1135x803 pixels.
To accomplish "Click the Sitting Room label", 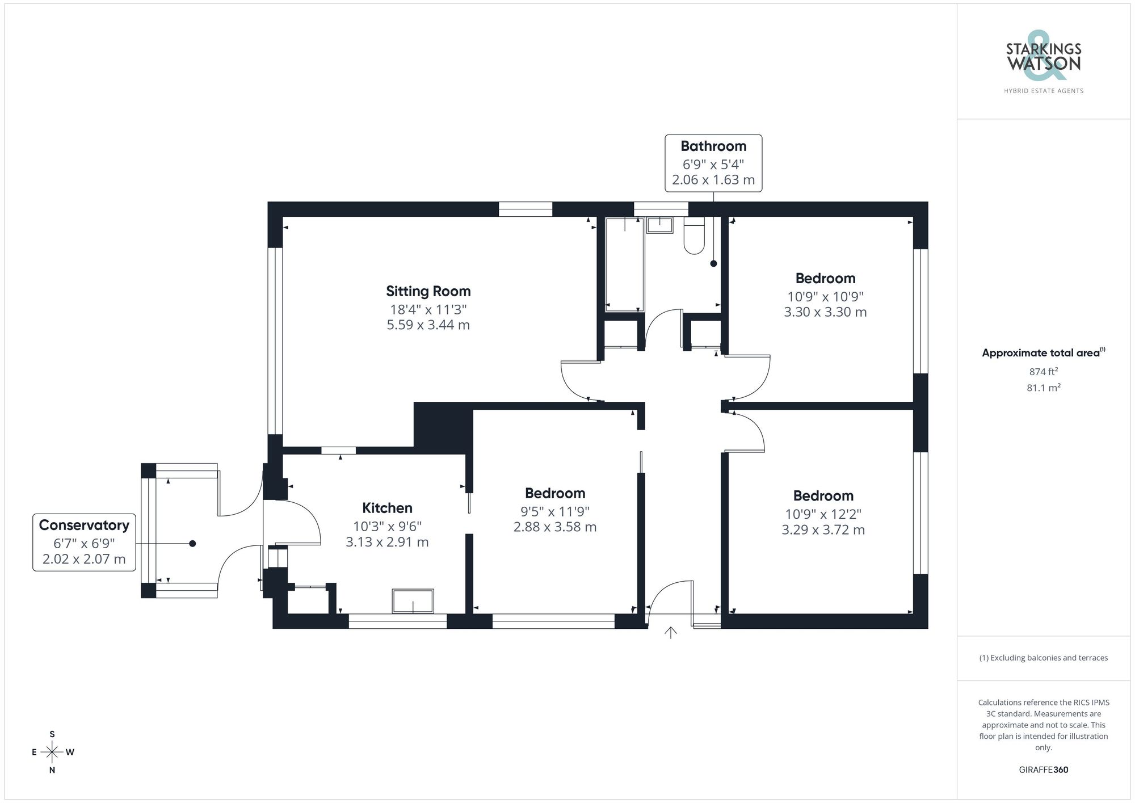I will tap(428, 291).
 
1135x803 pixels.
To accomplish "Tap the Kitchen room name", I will tap(387, 508).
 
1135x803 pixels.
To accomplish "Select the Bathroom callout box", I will tap(713, 163).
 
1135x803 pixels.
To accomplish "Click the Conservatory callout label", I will tap(84, 542).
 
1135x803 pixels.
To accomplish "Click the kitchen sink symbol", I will tap(413, 602).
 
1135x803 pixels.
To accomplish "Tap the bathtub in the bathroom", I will tap(624, 264).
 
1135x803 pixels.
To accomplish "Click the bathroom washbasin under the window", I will tap(659, 225).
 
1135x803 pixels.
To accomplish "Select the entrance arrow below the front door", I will tap(671, 632).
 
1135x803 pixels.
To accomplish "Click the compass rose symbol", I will tap(52, 752).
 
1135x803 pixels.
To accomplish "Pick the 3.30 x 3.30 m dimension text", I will tap(825, 312).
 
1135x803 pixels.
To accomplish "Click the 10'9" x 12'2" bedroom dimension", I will tap(823, 514).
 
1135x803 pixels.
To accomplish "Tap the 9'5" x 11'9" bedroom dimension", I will tap(554, 511).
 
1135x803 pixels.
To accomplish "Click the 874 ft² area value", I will tap(1043, 372).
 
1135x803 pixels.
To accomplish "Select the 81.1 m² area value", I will tap(1043, 388).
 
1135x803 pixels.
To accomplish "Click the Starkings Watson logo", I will tap(1044, 62).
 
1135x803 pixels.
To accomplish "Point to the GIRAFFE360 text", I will tap(1043, 770).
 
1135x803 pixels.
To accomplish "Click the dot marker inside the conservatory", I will tap(192, 544).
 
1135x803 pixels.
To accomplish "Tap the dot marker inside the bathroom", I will tap(713, 263).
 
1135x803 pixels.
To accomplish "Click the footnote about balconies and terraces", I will tap(1043, 658).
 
